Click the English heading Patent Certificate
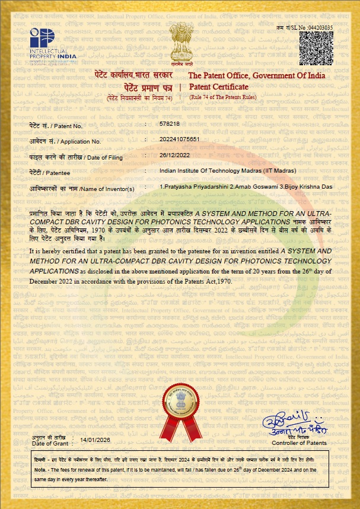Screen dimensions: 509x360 (x=218, y=87)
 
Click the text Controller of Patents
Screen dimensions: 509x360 (x=299, y=443)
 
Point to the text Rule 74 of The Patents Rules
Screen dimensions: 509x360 (x=223, y=97)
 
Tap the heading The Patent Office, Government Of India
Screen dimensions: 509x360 (x=256, y=75)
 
